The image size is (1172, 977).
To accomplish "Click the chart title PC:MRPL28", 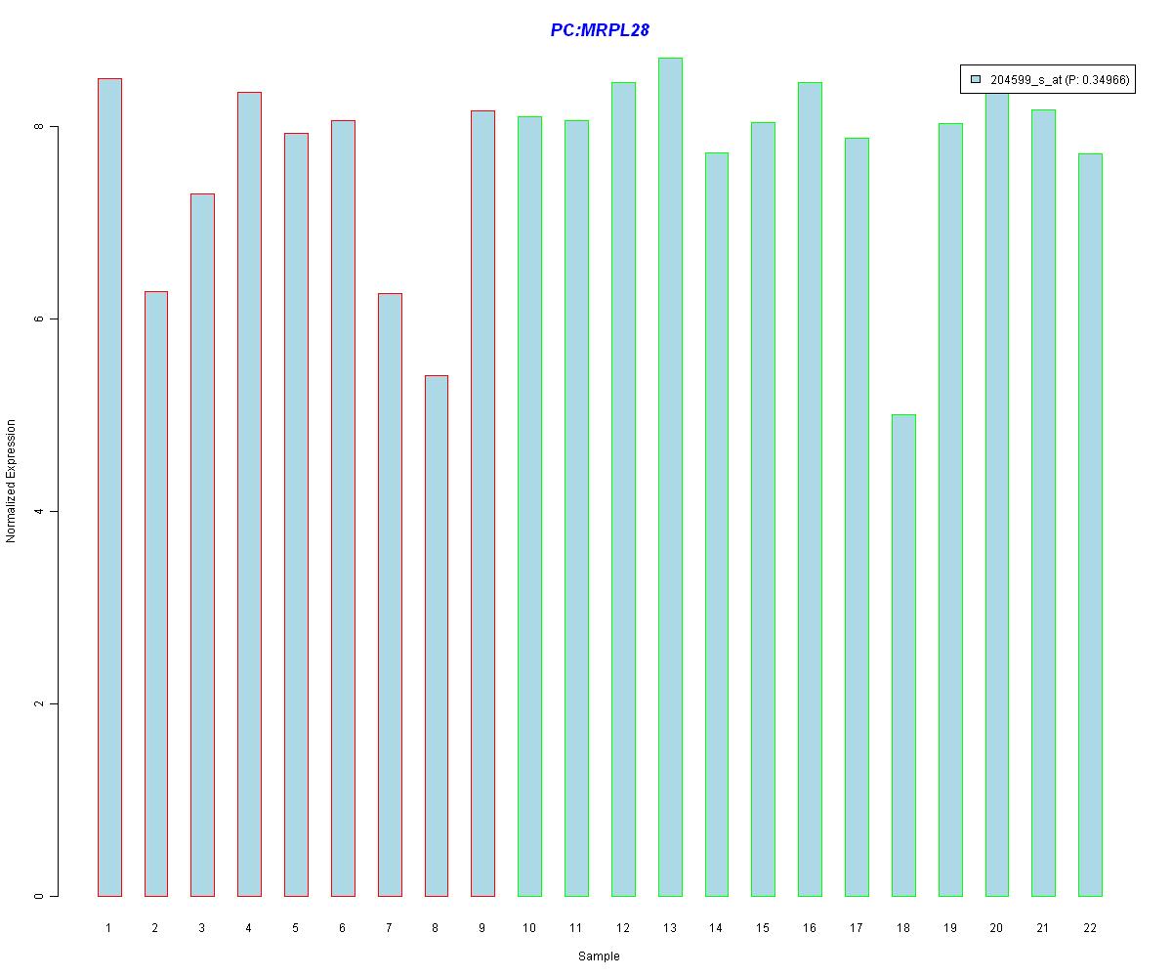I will pos(600,30).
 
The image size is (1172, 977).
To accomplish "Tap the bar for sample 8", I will pos(436,635).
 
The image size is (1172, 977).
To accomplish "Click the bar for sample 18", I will pos(903,655).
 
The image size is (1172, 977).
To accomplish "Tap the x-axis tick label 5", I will pos(295,928).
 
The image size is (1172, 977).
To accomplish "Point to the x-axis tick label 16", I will pos(810,928).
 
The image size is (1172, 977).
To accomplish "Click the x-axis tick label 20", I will pos(996,928).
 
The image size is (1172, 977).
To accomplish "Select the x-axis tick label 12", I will pos(622,928).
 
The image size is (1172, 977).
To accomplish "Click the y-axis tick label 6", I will pos(39,319).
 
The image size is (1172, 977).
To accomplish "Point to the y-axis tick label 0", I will pos(39,896).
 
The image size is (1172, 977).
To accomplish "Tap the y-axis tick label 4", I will pos(39,512).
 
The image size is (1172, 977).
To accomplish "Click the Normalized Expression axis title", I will pos(12,481).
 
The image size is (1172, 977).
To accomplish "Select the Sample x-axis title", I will pos(599,956).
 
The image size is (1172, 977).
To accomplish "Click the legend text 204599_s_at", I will pos(1025,81).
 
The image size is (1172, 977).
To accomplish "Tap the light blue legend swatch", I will pos(976,80).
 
